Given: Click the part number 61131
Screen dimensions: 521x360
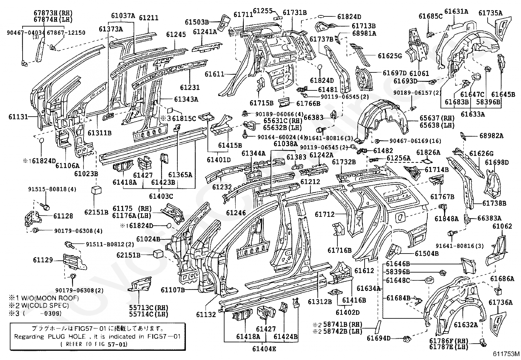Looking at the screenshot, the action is point(18,117).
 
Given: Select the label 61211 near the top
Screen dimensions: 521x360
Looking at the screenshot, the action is point(149,18).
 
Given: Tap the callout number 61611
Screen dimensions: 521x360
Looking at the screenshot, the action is point(214,74).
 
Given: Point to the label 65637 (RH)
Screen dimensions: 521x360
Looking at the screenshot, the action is point(437,118).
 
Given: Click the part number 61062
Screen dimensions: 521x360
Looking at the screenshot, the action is point(502,226).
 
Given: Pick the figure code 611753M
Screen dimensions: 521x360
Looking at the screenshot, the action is point(506,354).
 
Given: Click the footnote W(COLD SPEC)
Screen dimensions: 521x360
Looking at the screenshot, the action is point(45,306).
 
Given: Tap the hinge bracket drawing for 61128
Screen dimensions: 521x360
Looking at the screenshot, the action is point(33,218).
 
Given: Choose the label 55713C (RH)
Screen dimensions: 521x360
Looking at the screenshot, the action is point(149,308).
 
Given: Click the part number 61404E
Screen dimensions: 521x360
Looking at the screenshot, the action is point(264,349).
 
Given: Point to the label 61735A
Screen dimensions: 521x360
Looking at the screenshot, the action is point(491,13).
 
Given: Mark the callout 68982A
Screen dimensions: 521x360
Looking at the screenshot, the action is point(492,136).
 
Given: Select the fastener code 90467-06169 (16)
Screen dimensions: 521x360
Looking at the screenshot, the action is point(415,141).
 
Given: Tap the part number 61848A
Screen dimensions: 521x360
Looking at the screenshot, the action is point(447,219).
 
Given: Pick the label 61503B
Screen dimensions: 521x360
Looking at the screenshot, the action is point(197,22).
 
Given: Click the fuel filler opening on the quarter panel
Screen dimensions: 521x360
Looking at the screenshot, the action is point(400,217).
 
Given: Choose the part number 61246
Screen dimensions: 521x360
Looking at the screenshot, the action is point(236,213).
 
